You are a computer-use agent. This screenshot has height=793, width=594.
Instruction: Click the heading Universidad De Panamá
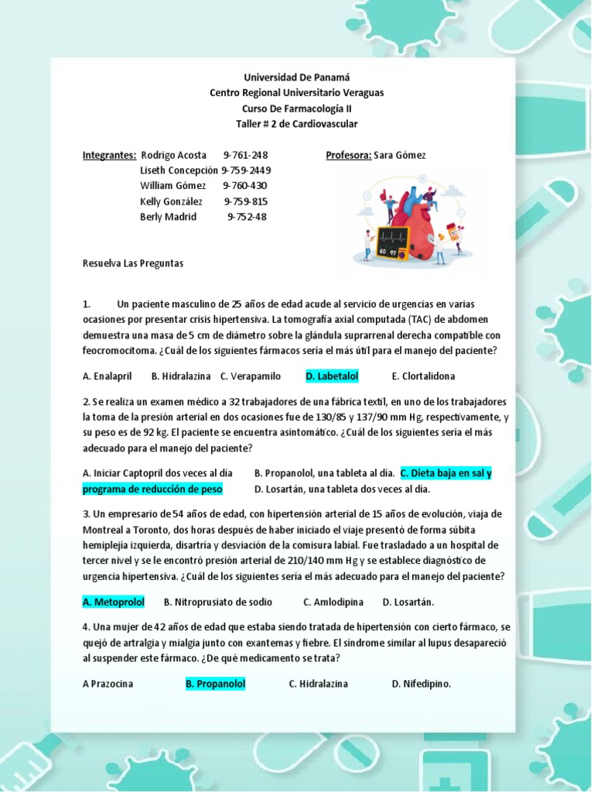tap(297, 77)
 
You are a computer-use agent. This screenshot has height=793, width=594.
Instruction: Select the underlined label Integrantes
tap(109, 155)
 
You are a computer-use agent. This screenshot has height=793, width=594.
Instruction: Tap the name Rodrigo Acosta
tap(173, 155)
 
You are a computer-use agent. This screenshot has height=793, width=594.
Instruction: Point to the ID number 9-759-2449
tap(246, 170)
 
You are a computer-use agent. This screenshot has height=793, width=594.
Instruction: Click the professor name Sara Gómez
tap(399, 155)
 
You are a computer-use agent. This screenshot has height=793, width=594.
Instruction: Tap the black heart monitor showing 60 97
tap(392, 242)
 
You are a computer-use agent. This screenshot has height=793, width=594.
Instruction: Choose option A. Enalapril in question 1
tap(107, 376)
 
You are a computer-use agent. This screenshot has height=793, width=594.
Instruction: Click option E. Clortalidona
tap(423, 376)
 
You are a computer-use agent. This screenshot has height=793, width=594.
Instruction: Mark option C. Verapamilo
tap(250, 376)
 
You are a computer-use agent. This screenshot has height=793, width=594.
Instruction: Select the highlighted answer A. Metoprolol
tap(114, 602)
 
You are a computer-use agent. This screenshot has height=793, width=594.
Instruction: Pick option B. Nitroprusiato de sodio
tap(218, 602)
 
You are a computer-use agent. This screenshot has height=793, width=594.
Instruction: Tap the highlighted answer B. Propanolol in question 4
tap(215, 684)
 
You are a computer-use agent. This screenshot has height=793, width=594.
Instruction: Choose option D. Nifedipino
tap(421, 684)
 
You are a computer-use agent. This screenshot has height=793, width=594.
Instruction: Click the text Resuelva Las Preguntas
tap(133, 263)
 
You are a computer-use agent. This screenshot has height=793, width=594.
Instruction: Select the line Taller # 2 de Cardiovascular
tap(297, 124)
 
